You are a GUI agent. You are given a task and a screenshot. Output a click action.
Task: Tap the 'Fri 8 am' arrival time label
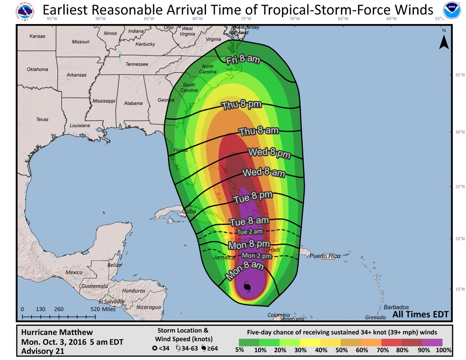coord(243,59)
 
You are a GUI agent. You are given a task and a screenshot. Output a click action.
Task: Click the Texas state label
coord(42,119)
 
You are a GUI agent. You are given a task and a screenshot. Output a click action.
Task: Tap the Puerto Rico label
coord(325,256)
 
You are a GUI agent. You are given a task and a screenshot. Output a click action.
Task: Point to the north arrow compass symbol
coord(444,41)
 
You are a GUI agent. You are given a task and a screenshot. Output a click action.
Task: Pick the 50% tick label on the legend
coord(341,350)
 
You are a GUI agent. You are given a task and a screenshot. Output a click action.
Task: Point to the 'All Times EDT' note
coord(420,314)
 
